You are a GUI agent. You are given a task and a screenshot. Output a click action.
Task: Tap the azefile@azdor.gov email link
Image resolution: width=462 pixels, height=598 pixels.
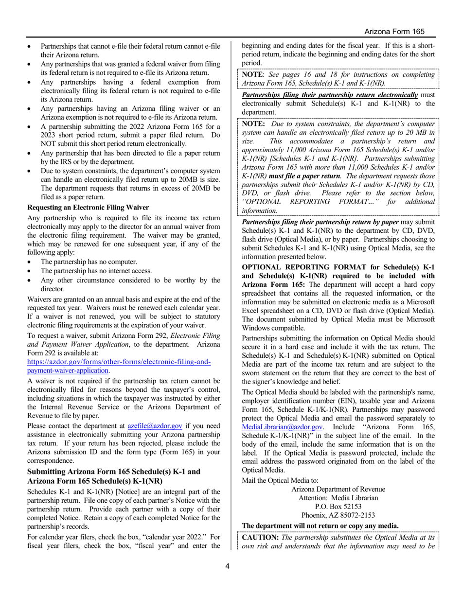(155, 425)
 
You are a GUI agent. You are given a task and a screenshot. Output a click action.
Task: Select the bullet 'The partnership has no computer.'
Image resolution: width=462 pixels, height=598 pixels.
(89, 262)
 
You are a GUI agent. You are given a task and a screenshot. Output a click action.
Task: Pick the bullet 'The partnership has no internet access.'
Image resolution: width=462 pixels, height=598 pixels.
(96, 271)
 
